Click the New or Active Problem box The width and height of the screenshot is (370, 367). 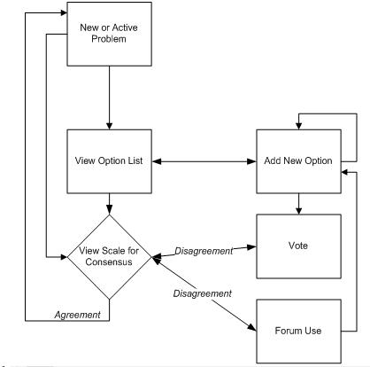coord(110,34)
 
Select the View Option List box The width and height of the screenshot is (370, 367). coord(110,161)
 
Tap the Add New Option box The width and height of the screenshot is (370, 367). coord(298,161)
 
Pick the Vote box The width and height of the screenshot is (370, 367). coord(298,246)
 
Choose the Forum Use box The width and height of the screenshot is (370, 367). coord(298,332)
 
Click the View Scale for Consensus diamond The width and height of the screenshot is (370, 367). coord(110,257)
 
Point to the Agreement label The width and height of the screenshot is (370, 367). coord(78,315)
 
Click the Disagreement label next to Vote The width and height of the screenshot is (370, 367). coord(204,251)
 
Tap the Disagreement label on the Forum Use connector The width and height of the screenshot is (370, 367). coord(203,293)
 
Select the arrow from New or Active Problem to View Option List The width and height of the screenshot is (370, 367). coord(110,98)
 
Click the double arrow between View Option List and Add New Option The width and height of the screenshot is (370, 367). coord(204,161)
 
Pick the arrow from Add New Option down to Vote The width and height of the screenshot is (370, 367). coord(298,204)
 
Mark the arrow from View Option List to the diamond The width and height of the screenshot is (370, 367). coord(110,204)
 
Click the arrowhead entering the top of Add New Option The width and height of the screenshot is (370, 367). coord(298,126)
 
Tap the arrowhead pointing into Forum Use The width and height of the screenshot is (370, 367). coord(252,327)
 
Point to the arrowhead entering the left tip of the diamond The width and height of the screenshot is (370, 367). coord(64,257)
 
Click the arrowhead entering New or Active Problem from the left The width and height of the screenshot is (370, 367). coord(64,12)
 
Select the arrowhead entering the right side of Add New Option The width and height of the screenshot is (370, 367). coord(345,172)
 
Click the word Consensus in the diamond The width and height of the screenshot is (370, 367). coord(109,262)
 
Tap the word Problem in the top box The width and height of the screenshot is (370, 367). coord(109,39)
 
